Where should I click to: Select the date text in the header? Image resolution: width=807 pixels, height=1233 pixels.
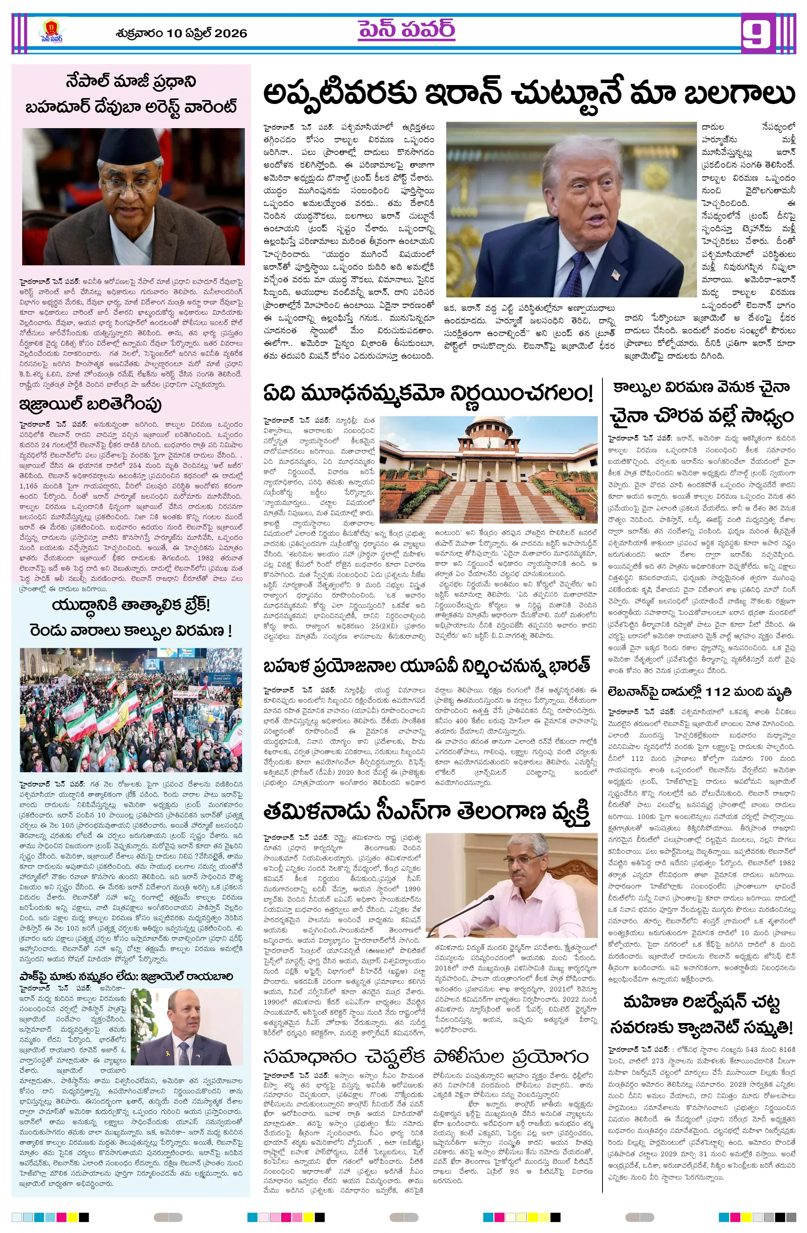(181, 34)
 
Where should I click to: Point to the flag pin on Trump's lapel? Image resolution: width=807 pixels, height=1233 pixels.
(615, 274)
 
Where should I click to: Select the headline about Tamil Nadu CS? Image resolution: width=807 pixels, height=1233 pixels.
(426, 813)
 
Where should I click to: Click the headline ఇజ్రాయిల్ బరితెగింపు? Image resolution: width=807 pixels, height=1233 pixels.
(90, 404)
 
